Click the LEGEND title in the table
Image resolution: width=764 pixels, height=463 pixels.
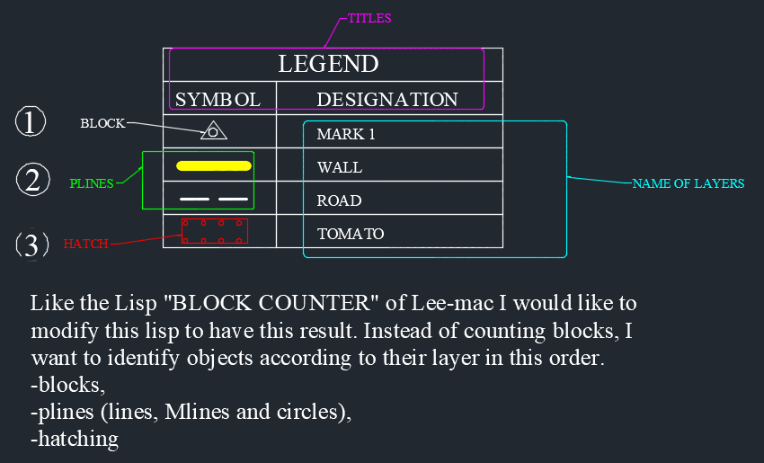(x=328, y=64)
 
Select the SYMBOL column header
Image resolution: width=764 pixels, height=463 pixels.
(x=218, y=99)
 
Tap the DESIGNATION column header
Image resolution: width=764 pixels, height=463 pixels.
(x=387, y=99)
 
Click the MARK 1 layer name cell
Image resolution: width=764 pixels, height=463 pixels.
(x=346, y=135)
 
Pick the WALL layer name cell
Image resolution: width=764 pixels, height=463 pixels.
(x=340, y=168)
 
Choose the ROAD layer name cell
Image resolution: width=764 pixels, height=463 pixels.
(x=339, y=201)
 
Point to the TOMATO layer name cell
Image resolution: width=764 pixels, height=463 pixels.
(x=351, y=235)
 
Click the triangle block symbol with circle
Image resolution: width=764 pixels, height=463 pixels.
(x=213, y=131)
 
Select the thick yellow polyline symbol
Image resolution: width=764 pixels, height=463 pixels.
(x=213, y=165)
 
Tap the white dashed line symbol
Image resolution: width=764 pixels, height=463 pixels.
(x=213, y=199)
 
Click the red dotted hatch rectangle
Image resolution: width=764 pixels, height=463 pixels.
(x=214, y=231)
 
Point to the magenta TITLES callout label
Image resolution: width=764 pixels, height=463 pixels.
(x=369, y=18)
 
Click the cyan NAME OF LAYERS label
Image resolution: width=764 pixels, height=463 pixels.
(x=688, y=183)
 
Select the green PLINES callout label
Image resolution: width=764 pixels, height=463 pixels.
(x=92, y=183)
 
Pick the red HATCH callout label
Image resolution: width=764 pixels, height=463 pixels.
(x=85, y=244)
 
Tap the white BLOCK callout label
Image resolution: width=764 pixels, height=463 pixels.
(x=102, y=124)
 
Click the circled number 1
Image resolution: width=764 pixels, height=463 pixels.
(x=31, y=122)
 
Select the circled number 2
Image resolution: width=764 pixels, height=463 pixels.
(x=31, y=181)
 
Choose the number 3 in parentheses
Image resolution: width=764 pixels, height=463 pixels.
(x=31, y=245)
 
